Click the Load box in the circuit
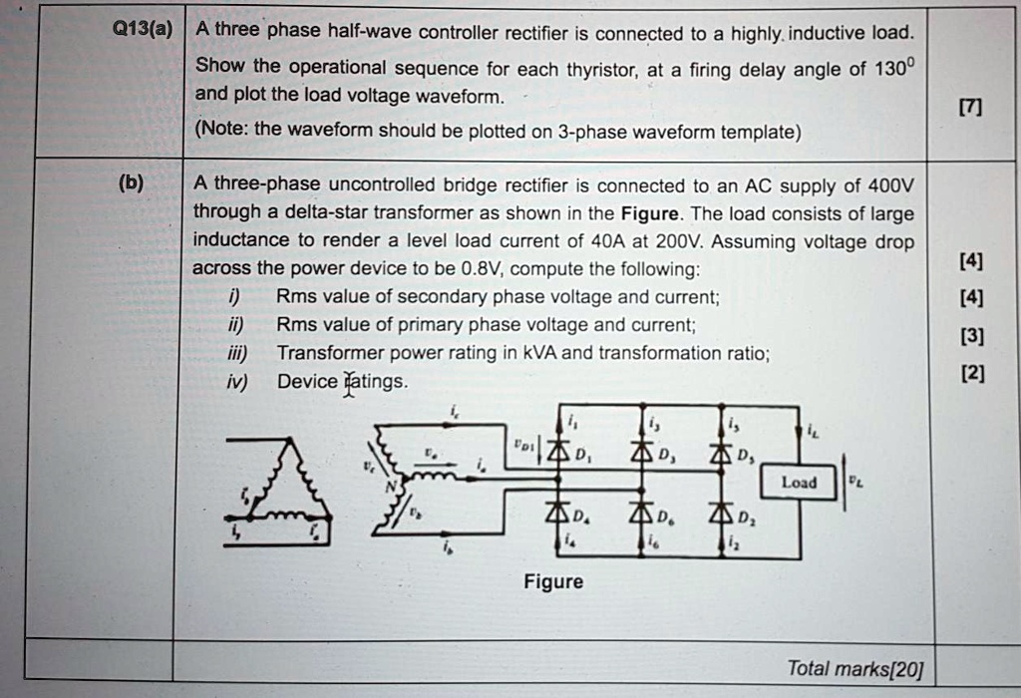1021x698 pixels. (x=799, y=484)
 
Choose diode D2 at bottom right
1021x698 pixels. (x=719, y=516)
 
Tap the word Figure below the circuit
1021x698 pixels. (x=553, y=581)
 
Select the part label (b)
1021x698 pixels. (x=131, y=183)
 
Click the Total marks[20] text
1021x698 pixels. (x=854, y=668)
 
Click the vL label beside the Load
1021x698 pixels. (x=855, y=481)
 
